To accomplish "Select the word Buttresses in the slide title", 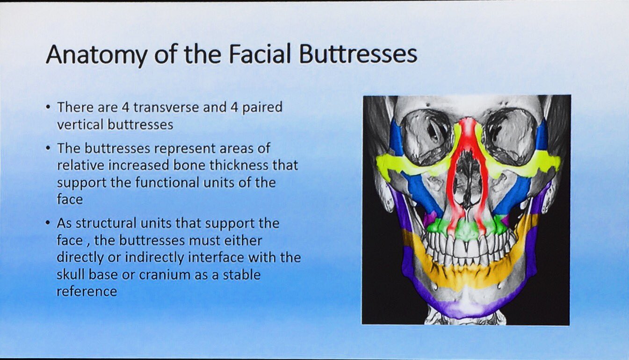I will [358, 54].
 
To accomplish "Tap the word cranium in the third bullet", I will [166, 274].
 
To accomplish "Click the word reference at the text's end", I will [87, 291].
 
